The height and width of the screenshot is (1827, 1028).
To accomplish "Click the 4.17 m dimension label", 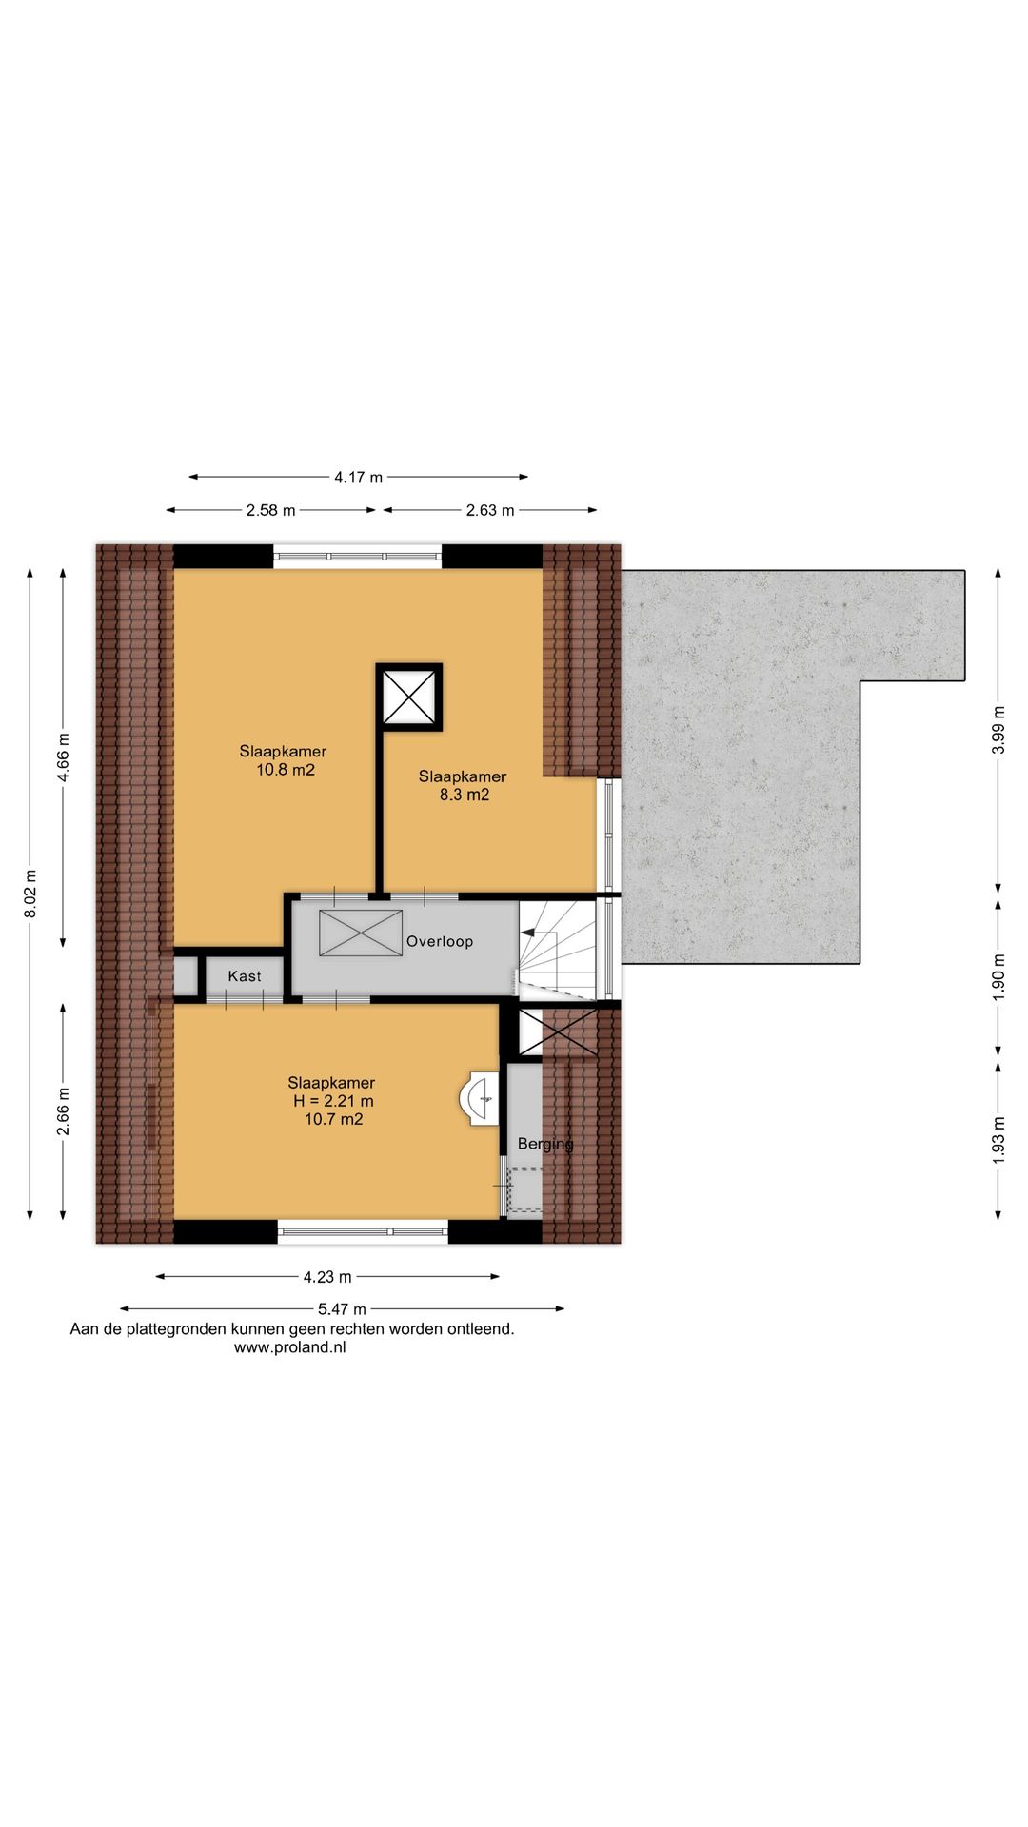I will click(358, 477).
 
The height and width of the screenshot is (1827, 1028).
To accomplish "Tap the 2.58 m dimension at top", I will click(271, 510).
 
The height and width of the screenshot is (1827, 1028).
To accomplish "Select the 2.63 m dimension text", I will click(490, 510).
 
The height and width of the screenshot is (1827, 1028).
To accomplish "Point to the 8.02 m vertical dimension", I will click(30, 894).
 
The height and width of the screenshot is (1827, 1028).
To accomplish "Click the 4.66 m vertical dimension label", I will click(63, 757).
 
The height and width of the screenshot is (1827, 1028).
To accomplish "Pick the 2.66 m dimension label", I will click(63, 1111).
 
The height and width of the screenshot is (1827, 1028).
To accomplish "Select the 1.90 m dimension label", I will click(998, 976).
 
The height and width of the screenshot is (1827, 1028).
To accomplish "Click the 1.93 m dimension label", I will click(998, 1139).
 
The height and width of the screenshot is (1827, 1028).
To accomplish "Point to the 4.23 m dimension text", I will click(327, 1277).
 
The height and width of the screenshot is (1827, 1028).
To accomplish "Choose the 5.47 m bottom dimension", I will click(342, 1309).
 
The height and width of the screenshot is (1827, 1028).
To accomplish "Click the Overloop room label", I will click(440, 941).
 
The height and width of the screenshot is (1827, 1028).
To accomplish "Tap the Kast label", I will click(245, 976).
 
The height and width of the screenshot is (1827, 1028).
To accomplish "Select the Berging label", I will click(545, 1144).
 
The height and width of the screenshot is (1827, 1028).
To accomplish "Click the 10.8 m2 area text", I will click(286, 770).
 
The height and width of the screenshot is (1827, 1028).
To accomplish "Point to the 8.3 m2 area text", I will click(465, 795).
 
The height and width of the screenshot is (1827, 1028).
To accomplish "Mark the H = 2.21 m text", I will click(333, 1101).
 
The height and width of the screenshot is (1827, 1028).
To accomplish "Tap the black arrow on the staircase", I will click(527, 934).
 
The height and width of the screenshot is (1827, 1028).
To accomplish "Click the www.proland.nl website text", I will click(289, 1347).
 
